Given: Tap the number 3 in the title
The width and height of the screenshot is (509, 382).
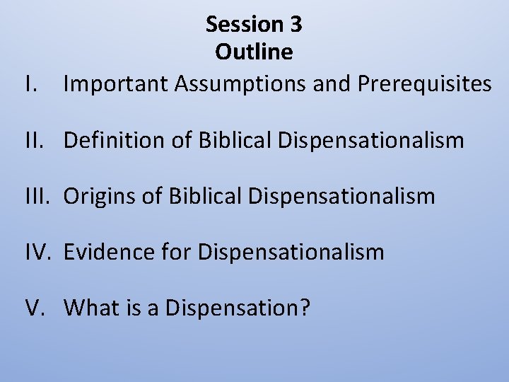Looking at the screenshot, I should pyautogui.click(x=296, y=25).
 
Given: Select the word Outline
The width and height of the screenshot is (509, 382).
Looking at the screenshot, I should pyautogui.click(x=255, y=52).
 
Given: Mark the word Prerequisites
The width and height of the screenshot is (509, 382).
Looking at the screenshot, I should pyautogui.click(x=424, y=85).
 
